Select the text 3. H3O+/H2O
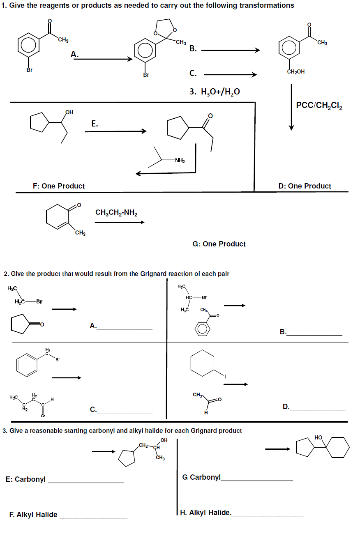pos(215,91)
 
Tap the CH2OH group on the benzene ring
pos(295,71)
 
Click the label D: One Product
pos(304,186)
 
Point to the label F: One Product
pos(59,186)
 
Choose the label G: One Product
pos(219,244)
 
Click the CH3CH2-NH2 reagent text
pos(116,212)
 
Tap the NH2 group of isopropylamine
pos(180,160)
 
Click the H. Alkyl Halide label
pos(205,512)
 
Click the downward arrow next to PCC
pos(291,107)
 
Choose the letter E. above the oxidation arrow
pos(95,123)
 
